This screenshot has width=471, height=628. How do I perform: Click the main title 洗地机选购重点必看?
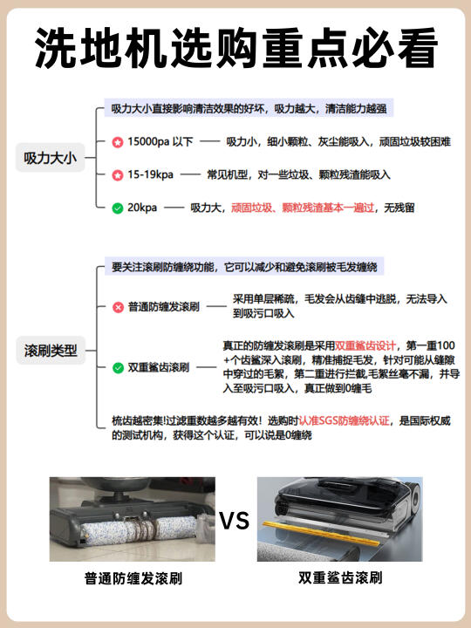(x=235, y=48)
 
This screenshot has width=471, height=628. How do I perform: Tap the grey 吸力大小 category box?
(x=50, y=158)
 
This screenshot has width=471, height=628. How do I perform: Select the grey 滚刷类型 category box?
(x=51, y=351)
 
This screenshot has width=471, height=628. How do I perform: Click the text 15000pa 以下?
(x=160, y=142)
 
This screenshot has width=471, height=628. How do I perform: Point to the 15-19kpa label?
(x=150, y=175)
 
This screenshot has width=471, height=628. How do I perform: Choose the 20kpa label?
(x=142, y=208)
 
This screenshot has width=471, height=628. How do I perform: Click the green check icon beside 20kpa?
(x=118, y=208)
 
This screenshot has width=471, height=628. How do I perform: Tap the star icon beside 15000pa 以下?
(x=118, y=142)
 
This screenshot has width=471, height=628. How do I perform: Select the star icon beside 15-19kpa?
(x=118, y=175)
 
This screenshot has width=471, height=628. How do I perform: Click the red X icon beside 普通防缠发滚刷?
(x=118, y=307)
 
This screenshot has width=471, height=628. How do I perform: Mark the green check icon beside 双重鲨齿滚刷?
(x=118, y=368)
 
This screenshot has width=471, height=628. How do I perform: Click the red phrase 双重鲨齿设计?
(x=365, y=345)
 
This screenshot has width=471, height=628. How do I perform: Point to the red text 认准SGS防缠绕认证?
(x=344, y=421)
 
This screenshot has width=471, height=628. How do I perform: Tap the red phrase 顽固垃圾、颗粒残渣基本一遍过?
(x=303, y=208)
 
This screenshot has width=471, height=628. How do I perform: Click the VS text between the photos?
(x=235, y=521)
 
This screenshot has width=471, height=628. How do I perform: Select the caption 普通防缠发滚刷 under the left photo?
(x=133, y=579)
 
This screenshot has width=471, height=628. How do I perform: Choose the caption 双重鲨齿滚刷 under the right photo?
(x=340, y=578)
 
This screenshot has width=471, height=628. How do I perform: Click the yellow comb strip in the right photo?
(x=321, y=535)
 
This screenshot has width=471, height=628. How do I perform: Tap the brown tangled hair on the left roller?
(x=142, y=529)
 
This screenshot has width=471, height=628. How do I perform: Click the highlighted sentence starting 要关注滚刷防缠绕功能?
(x=244, y=267)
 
